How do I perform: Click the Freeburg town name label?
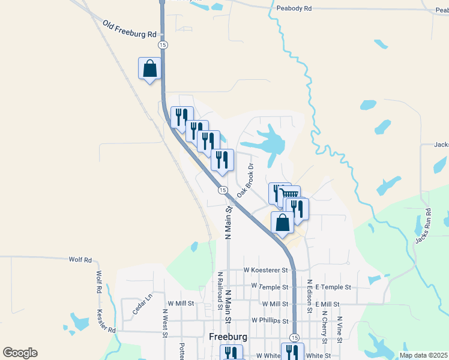pos(228,337)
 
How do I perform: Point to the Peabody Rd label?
pos(294,8)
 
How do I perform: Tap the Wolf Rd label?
pos(80,260)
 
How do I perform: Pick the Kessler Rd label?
pos(105,321)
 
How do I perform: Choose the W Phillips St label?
pos(271,320)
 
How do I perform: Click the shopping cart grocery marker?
pos(291,194)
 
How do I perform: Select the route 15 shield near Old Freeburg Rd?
pos(162,45)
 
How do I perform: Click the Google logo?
pos(20,353)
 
